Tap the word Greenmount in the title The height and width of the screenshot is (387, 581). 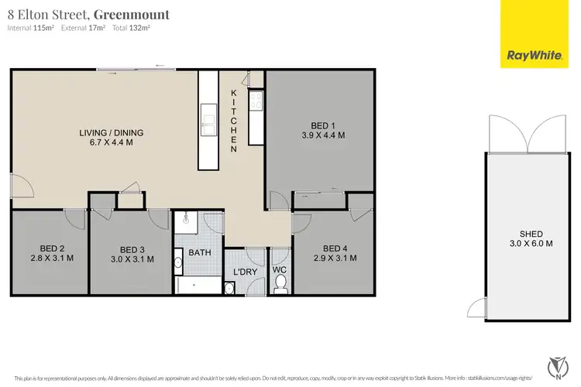[x=137, y=14]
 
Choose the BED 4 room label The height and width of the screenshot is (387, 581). [x=333, y=254]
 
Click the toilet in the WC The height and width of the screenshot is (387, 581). [x=280, y=287]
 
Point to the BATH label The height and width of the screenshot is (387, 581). [x=198, y=253]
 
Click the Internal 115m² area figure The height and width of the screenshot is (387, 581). [x=31, y=28]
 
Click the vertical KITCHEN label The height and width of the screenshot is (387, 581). [x=233, y=120]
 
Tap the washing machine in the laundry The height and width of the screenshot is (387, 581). [x=230, y=289]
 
